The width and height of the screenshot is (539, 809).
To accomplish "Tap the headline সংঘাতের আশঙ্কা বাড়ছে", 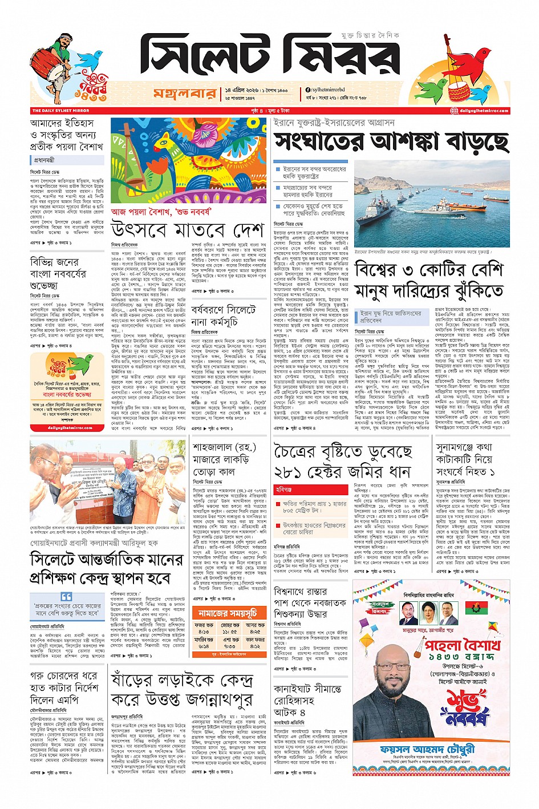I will [391, 142].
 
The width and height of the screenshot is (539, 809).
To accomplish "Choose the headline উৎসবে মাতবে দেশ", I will [188, 230].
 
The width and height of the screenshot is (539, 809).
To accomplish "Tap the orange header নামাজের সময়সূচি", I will [228, 613].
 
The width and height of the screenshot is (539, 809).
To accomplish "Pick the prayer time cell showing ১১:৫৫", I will [230, 632].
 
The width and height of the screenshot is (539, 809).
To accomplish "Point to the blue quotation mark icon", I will [67, 596].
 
